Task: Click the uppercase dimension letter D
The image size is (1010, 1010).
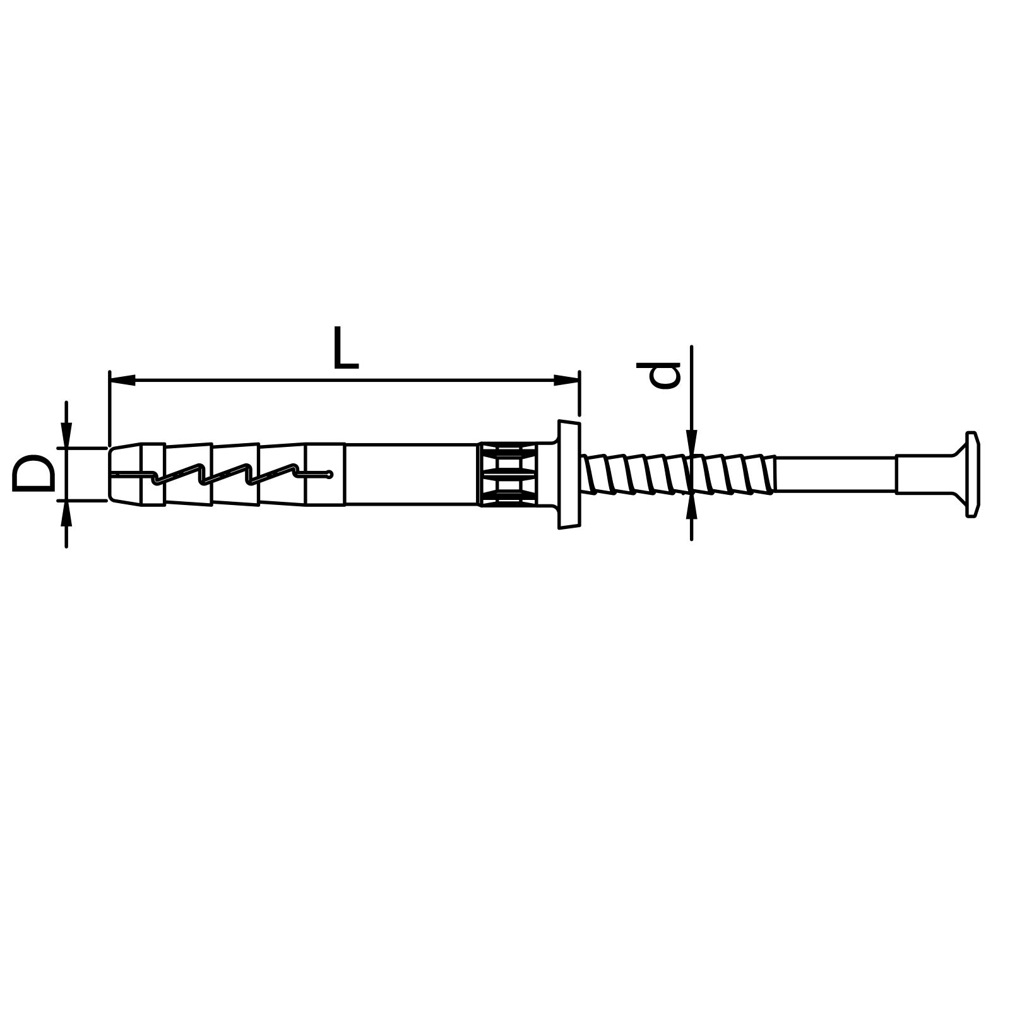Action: [x=33, y=473]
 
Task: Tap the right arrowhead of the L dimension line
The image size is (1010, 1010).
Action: [x=566, y=380]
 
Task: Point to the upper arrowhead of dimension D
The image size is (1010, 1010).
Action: [x=66, y=435]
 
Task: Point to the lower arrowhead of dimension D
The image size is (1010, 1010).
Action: [x=66, y=513]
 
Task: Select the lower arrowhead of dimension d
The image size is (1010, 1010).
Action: [x=692, y=506]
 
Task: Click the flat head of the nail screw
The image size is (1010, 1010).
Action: [x=973, y=475]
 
